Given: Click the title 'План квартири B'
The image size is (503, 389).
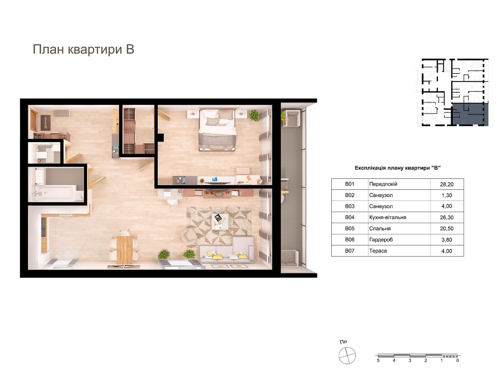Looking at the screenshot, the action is [83, 49].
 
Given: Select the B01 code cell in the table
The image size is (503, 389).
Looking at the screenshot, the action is [349, 184].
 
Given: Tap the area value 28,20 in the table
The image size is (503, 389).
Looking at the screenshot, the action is [447, 184].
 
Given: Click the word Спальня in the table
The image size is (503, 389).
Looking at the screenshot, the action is [380, 229].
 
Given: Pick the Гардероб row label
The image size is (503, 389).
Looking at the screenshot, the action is [381, 240].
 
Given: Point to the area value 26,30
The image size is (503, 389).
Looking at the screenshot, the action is [447, 218].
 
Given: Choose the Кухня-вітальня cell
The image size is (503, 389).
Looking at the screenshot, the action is [388, 217].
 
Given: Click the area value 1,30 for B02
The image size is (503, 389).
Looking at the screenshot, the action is [447, 195].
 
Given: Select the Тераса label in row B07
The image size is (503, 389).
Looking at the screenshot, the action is [378, 251].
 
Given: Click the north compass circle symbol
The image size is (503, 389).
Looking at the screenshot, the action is [347, 355].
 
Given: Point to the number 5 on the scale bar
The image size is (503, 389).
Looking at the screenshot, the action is [378, 360].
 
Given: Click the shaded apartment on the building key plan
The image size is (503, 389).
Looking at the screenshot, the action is [470, 114].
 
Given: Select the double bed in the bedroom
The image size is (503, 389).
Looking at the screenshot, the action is [217, 130].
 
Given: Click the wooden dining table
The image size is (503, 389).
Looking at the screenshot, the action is [125, 250].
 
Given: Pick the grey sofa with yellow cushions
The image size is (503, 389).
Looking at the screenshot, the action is [227, 250].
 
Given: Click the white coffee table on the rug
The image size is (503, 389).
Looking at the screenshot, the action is [220, 221].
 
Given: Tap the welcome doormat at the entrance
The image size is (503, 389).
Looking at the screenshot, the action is [45, 123].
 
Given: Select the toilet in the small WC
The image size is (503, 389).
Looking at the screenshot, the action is [42, 155].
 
